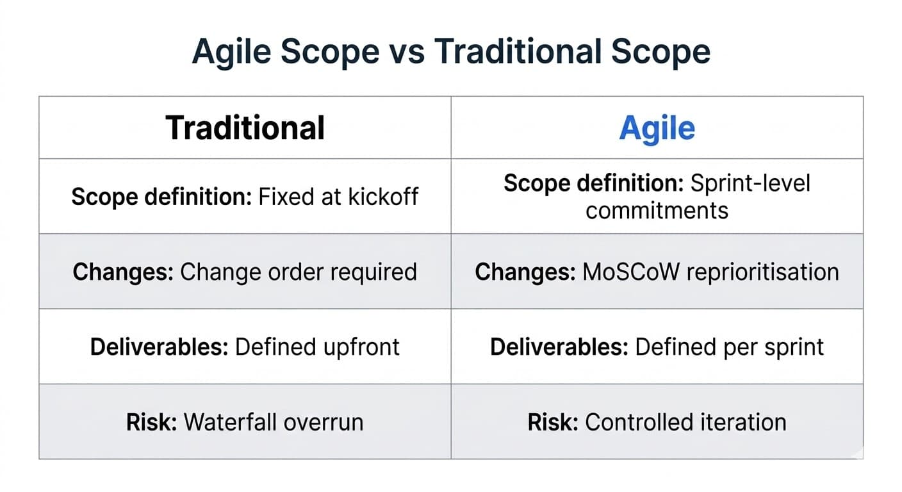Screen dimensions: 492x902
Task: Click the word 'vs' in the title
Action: (x=407, y=51)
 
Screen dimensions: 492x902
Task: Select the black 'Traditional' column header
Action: (x=245, y=127)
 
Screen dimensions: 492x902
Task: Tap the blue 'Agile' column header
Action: (x=657, y=128)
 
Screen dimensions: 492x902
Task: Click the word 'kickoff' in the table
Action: (x=384, y=196)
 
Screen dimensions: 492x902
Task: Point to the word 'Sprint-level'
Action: (x=750, y=183)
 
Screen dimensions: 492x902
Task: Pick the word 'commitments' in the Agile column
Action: (x=657, y=210)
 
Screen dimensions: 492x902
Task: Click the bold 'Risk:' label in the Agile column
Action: (x=553, y=422)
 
